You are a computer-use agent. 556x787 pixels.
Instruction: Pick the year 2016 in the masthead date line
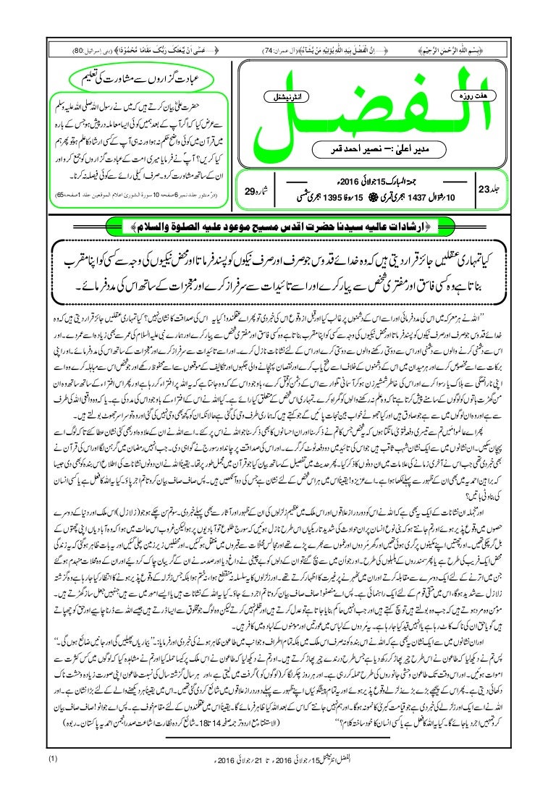[x=356, y=182]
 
